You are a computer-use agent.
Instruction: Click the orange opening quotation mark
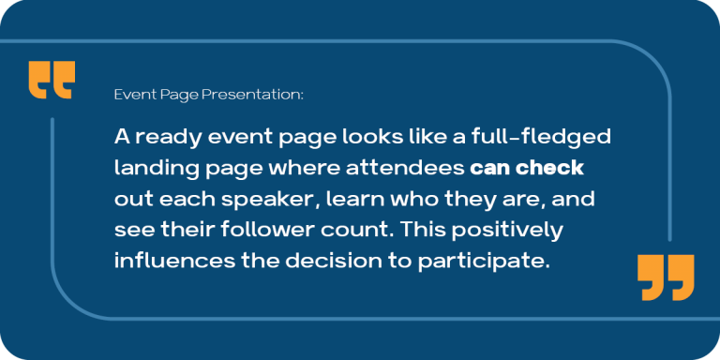[x=51, y=80]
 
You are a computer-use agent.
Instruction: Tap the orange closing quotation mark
[x=666, y=277]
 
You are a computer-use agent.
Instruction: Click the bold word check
[x=555, y=169]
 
